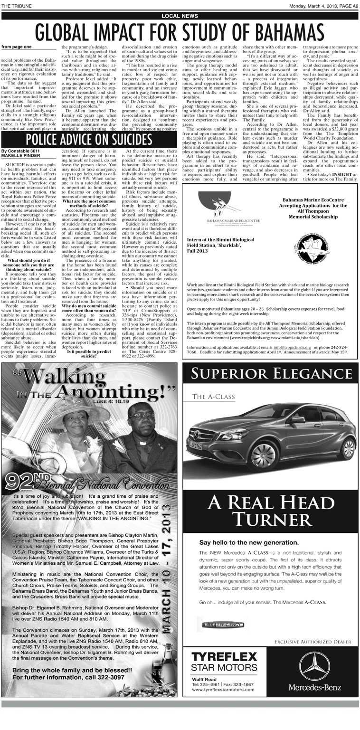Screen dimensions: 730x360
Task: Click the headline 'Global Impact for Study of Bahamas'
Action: click(180, 32)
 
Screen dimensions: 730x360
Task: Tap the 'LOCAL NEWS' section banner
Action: click(180, 16)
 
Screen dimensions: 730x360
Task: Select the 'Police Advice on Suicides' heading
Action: click(89, 139)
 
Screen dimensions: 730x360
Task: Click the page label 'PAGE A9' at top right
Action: click(348, 5)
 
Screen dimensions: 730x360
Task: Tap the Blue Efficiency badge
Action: click(223, 624)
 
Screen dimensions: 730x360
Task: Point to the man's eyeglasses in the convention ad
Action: click(142, 415)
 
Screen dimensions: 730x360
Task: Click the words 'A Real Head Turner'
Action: click(270, 511)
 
